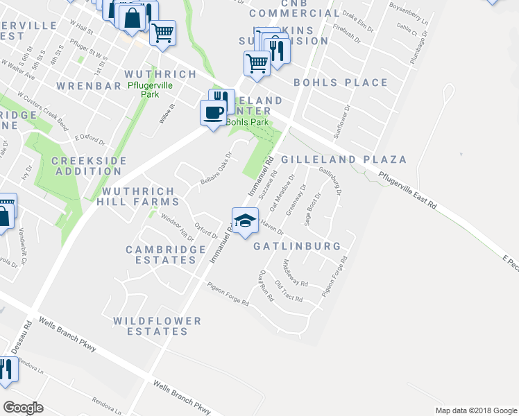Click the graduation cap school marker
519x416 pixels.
click(x=244, y=221)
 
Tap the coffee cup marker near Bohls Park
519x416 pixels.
click(x=213, y=112)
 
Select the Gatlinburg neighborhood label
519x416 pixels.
click(x=296, y=246)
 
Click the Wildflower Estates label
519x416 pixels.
click(x=158, y=326)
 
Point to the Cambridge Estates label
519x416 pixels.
click(x=165, y=254)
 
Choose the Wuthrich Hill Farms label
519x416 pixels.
click(x=141, y=196)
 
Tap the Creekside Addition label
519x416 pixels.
click(x=89, y=166)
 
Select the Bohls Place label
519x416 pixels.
click(x=341, y=83)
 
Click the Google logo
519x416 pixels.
click(x=24, y=407)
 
